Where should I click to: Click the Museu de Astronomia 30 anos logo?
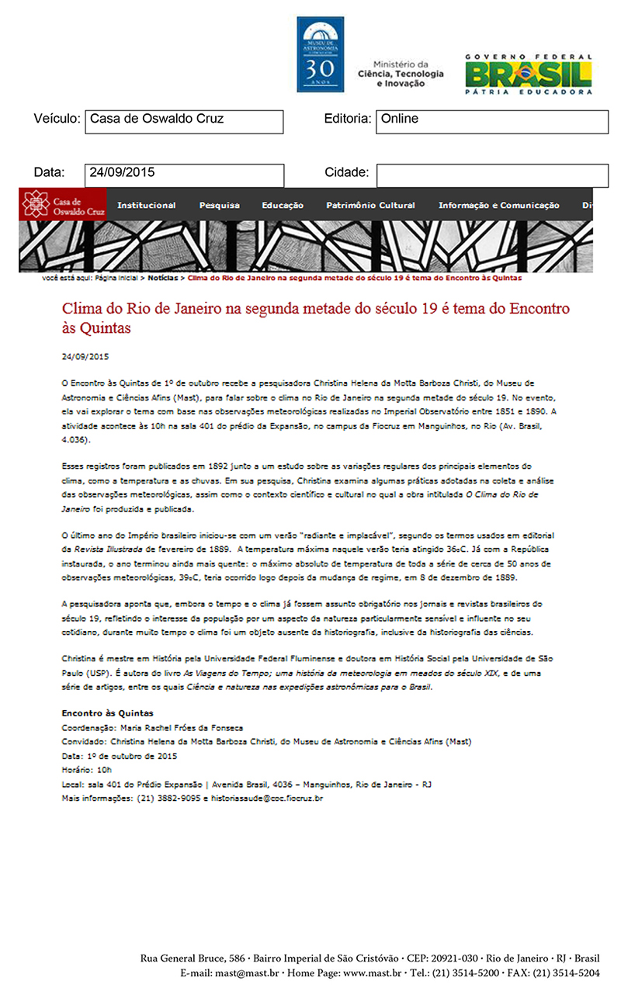[x=320, y=54]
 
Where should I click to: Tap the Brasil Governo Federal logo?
[x=529, y=75]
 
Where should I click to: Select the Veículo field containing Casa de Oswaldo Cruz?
[x=184, y=121]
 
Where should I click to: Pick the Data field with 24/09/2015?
[x=184, y=175]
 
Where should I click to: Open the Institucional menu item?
[x=146, y=206]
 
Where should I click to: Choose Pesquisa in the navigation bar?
[x=219, y=206]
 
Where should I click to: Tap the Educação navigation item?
[x=283, y=206]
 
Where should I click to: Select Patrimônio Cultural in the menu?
[x=370, y=206]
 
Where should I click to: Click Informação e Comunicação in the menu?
[x=498, y=206]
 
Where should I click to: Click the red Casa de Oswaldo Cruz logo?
[x=63, y=204]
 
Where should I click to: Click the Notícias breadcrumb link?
[x=163, y=277]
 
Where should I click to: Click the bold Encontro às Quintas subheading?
[x=107, y=712]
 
